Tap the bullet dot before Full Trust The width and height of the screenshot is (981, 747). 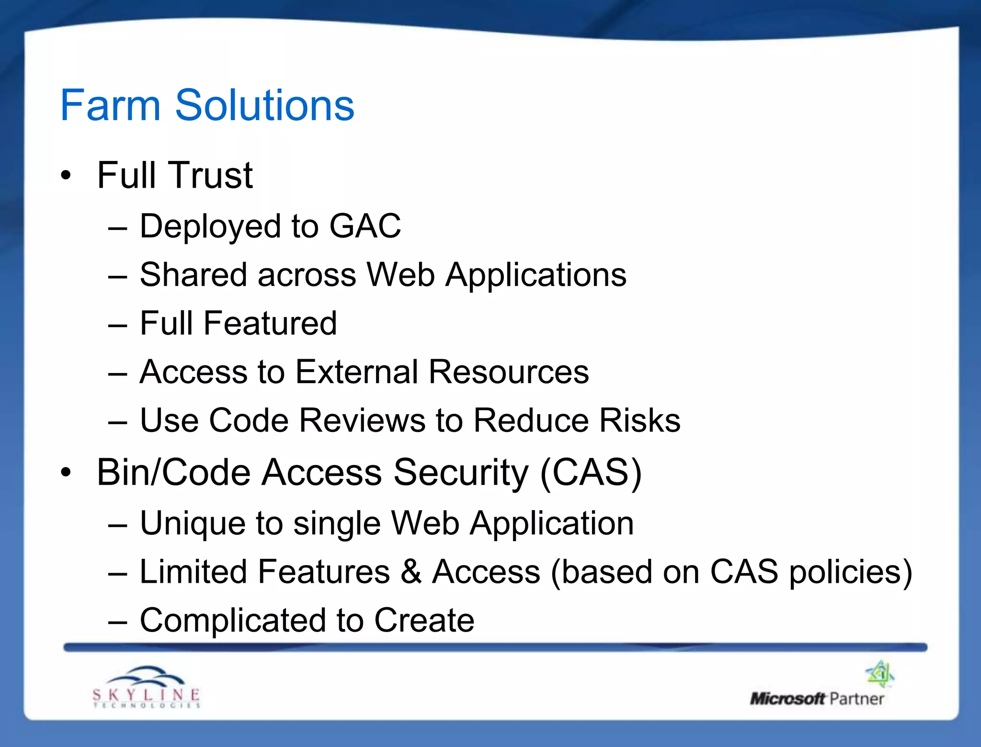(x=66, y=176)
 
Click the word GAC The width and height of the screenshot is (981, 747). (x=365, y=226)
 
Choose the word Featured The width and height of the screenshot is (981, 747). (x=270, y=323)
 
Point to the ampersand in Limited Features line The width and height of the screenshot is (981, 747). (x=411, y=572)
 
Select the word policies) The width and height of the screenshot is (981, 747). (x=851, y=573)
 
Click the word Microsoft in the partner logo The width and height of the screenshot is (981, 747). (x=787, y=699)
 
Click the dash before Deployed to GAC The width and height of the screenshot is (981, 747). (x=117, y=229)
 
